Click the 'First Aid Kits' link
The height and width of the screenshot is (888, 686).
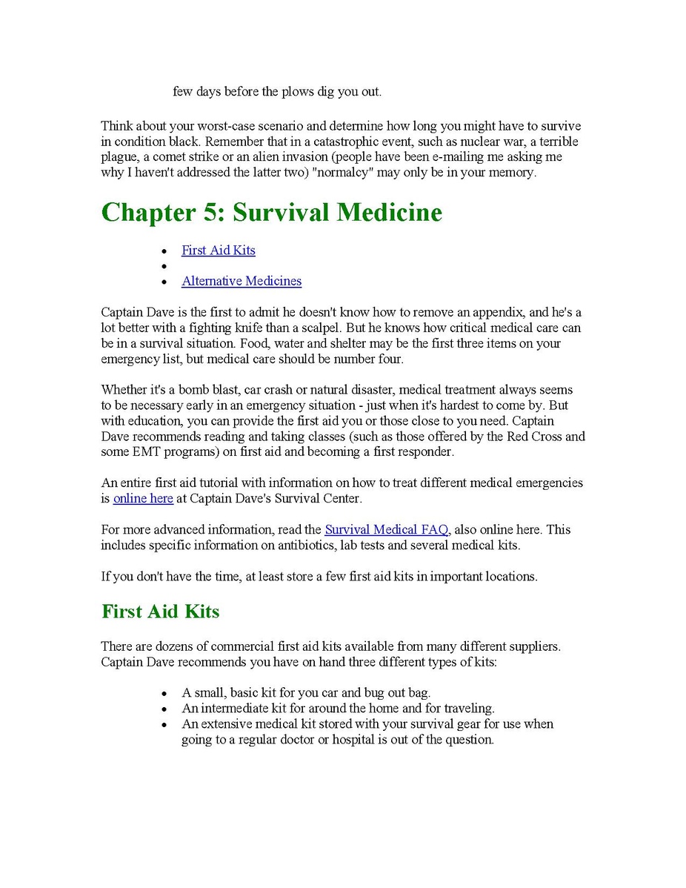(x=218, y=251)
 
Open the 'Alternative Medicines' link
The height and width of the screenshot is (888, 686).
(x=242, y=281)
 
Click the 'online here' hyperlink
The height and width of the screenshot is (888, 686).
(x=143, y=498)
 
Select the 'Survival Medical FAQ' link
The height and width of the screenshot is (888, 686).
(x=386, y=529)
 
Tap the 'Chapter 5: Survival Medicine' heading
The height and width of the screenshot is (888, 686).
(x=271, y=213)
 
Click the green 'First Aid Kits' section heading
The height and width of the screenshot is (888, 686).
(x=160, y=612)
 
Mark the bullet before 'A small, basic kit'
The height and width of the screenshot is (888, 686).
(x=164, y=693)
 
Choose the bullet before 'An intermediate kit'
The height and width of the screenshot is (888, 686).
(x=164, y=709)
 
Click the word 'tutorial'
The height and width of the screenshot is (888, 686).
(x=204, y=483)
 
